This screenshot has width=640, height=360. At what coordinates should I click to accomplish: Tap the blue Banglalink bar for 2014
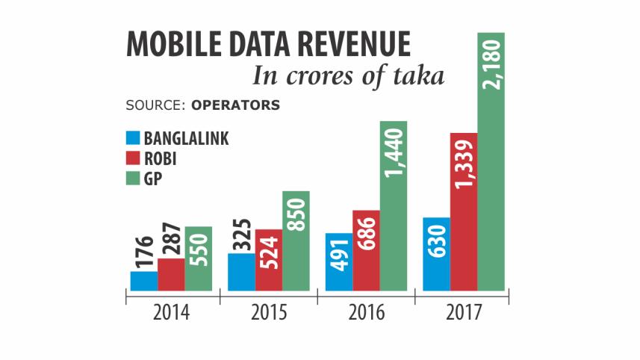[144, 281]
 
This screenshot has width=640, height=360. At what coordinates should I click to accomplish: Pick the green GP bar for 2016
[394, 205]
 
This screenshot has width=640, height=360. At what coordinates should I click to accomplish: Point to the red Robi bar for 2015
[269, 260]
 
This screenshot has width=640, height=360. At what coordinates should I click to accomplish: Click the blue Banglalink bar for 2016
[339, 261]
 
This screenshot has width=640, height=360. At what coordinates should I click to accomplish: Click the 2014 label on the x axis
[172, 312]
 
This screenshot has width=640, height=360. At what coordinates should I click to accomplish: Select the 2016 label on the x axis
[366, 312]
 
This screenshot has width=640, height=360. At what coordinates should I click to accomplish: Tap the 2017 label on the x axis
[463, 312]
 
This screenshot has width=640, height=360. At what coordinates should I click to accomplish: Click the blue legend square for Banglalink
[133, 138]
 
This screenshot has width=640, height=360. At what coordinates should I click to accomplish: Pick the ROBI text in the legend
[161, 158]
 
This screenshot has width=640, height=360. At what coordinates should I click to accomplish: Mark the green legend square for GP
[133, 178]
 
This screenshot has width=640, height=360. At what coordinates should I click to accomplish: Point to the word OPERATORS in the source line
[236, 105]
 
